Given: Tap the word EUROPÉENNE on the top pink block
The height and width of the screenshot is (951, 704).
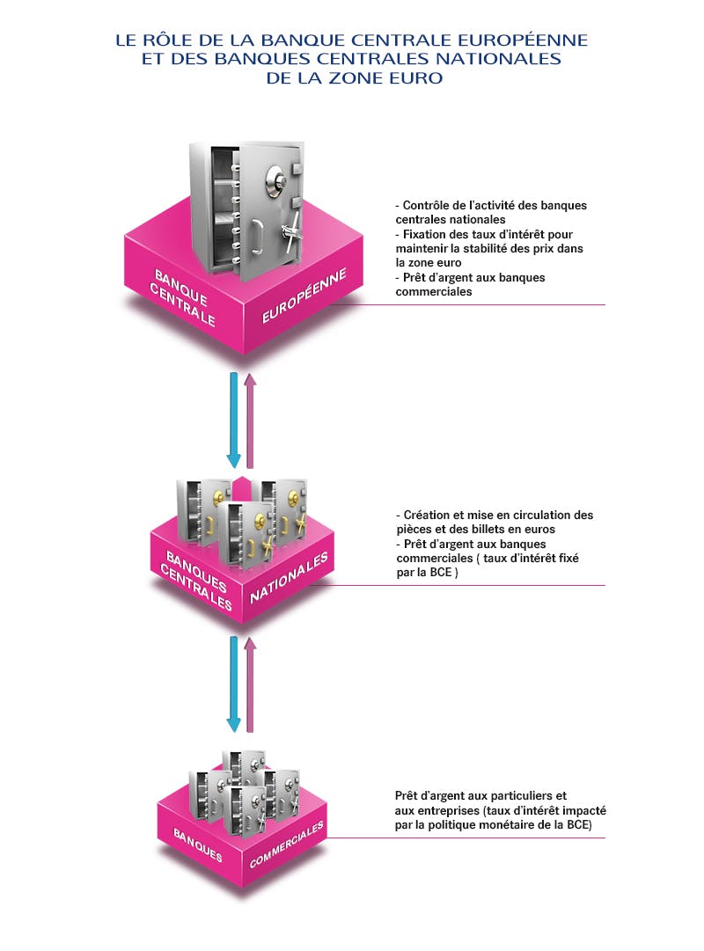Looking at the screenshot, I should coord(304,297).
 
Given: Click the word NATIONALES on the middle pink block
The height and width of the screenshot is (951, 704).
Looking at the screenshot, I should coord(289,579).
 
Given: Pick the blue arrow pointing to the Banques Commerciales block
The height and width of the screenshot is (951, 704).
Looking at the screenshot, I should coord(234,684).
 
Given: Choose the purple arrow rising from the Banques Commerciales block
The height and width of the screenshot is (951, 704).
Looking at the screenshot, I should coord(250,684).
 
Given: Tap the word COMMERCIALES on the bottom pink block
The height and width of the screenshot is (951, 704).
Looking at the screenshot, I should coord(286,845).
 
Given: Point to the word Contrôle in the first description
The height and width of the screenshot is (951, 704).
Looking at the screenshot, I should coord(428,205).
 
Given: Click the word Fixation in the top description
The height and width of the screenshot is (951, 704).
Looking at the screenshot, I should coord(427,233).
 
